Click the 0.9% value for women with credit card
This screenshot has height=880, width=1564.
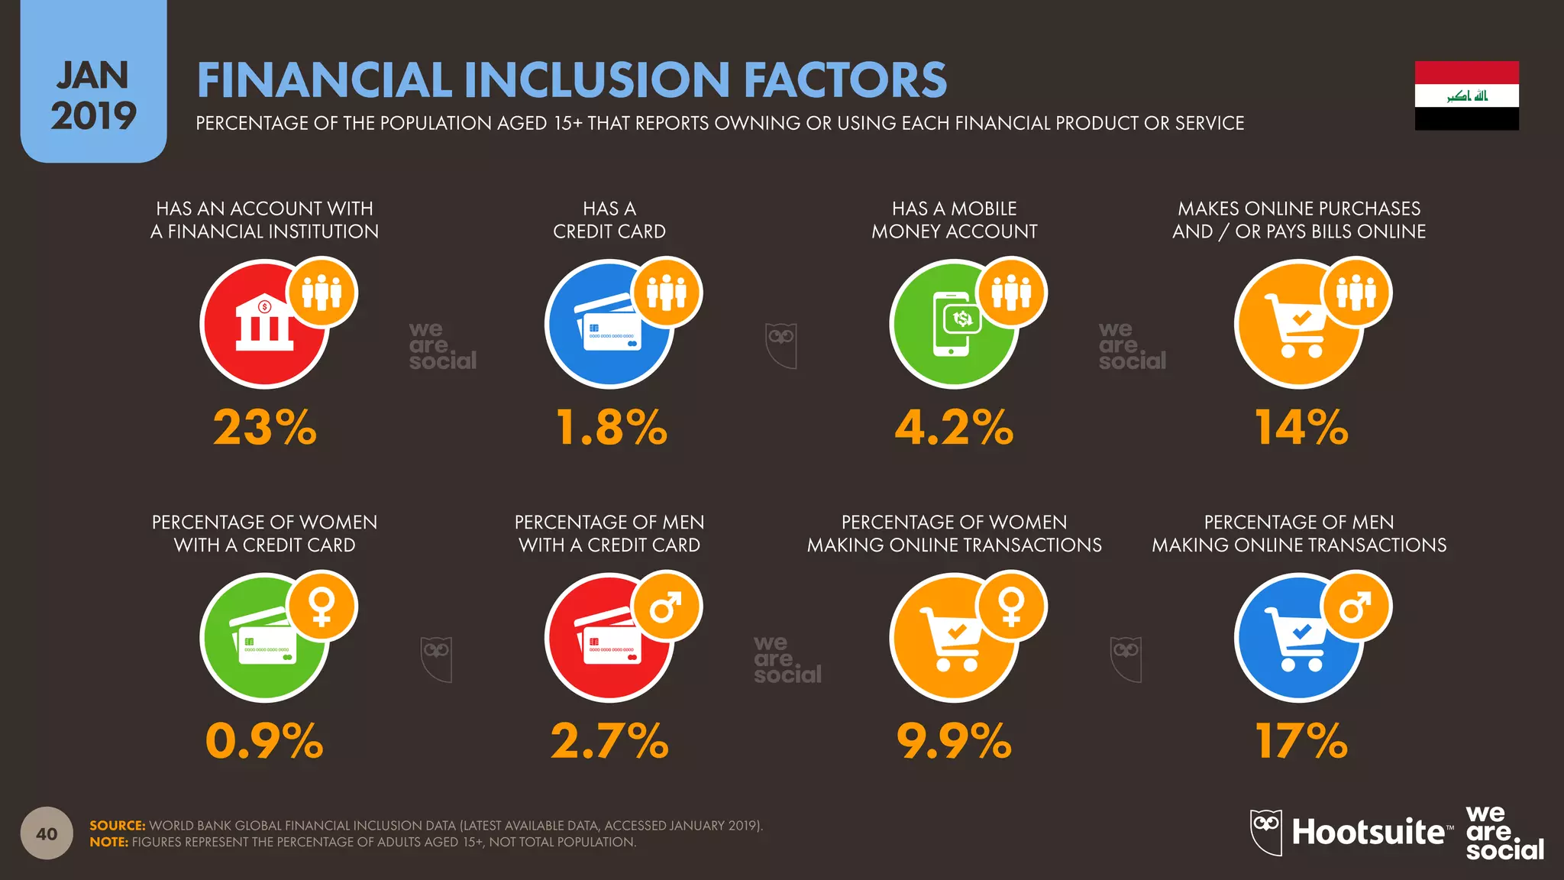click(264, 741)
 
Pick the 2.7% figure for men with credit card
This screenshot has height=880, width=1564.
click(609, 741)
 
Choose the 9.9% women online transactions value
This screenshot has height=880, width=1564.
click(954, 741)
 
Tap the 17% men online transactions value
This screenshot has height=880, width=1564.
click(1301, 741)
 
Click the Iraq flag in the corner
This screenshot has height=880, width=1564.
click(1466, 95)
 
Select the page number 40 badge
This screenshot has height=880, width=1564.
click(47, 833)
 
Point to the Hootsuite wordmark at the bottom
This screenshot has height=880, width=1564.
click(1367, 832)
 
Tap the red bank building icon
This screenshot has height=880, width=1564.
click(263, 324)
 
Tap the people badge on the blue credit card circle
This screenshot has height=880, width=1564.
click(667, 293)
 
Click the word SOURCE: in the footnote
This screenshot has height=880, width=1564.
click(117, 826)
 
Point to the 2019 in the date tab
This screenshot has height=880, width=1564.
click(93, 116)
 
